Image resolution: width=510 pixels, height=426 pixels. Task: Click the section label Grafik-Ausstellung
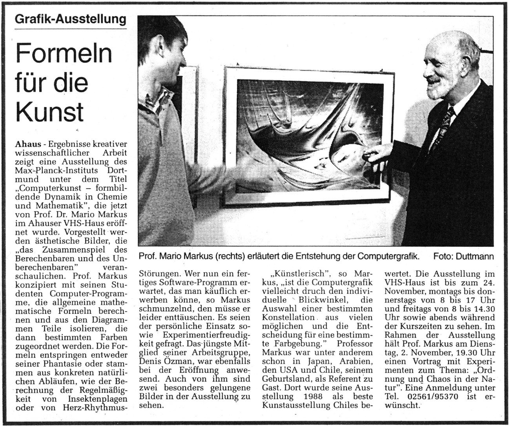pos(71,19)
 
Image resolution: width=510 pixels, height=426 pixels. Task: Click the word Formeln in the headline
pos(64,53)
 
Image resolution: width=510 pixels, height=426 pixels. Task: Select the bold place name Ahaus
pos(27,144)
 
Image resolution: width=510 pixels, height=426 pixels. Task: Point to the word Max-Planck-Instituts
pos(56,169)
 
